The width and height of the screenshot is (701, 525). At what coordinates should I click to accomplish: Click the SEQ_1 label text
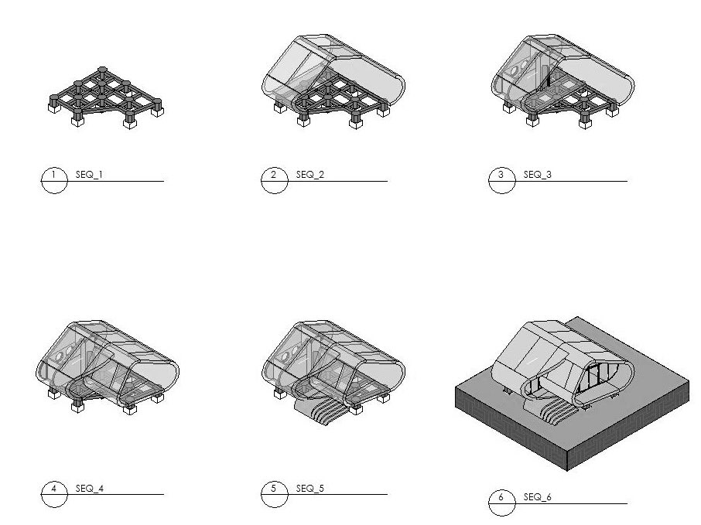[89, 175]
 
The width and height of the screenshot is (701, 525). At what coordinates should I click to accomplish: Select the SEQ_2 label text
[309, 175]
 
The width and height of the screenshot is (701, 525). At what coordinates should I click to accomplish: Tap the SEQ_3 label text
[537, 175]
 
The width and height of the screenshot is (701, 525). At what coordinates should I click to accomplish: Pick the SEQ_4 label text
[89, 489]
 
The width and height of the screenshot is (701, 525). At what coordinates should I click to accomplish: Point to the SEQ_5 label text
[309, 489]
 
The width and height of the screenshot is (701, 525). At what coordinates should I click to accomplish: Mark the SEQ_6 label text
[537, 496]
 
